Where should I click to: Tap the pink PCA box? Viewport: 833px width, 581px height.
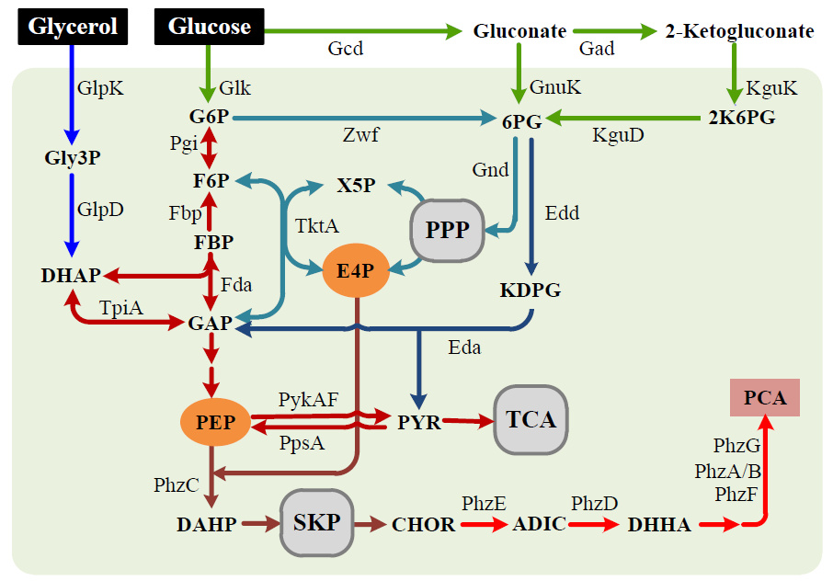(765, 397)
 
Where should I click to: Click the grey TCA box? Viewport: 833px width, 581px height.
(531, 419)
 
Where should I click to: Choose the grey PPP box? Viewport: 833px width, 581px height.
(447, 229)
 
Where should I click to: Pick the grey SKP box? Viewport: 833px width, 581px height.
(316, 522)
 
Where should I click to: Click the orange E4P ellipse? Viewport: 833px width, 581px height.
(355, 270)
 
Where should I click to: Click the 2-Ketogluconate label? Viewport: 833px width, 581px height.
(739, 31)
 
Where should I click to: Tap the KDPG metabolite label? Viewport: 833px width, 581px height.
(530, 290)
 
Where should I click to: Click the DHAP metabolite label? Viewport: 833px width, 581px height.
(72, 275)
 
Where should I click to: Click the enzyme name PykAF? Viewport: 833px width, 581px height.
(308, 399)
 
